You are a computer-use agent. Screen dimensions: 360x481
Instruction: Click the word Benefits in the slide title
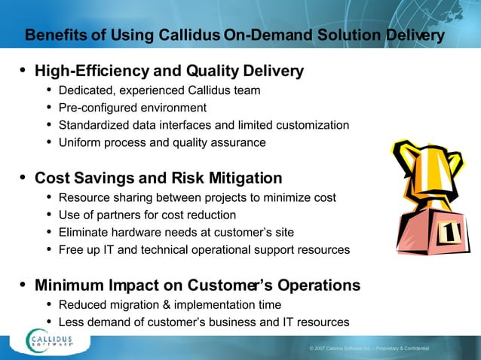coord(52,35)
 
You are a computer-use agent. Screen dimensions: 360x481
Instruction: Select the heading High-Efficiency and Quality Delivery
coord(169,72)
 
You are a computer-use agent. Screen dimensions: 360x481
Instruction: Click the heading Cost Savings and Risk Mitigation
coord(158,178)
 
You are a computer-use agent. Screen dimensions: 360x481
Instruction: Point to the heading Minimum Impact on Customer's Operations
coord(197,285)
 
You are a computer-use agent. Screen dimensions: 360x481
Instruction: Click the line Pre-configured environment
coord(132,108)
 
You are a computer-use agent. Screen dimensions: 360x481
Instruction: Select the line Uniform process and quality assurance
coord(161,142)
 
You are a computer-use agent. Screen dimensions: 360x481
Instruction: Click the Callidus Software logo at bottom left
coord(57,340)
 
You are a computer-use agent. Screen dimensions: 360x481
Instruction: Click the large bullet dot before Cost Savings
coord(23,178)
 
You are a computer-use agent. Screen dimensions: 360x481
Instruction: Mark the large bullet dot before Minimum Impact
coord(23,285)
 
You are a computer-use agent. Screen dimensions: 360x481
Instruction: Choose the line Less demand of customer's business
coord(204,322)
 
